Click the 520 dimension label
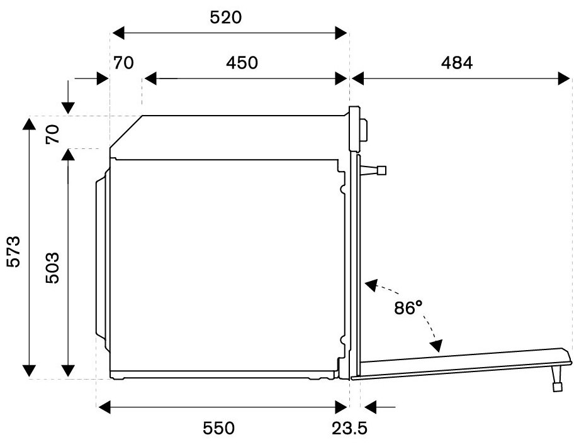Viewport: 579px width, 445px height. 225,18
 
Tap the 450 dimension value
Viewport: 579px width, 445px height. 242,63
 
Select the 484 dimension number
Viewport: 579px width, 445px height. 457,63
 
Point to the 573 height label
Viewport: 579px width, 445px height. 14,251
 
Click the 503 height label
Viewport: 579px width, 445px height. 52,268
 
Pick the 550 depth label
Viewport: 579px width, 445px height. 218,429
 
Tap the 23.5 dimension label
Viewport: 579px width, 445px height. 349,429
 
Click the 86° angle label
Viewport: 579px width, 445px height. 408,307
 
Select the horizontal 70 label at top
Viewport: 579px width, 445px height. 123,63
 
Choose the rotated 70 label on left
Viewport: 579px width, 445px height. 52,135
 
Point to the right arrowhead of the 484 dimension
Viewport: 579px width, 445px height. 565,79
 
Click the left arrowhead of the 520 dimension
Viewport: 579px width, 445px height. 118,33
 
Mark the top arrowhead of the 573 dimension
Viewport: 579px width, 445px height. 29,124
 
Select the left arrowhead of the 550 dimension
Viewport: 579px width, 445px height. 104,407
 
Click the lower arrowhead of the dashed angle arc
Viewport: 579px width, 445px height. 437,346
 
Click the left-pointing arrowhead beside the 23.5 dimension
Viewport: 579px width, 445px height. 370,407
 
